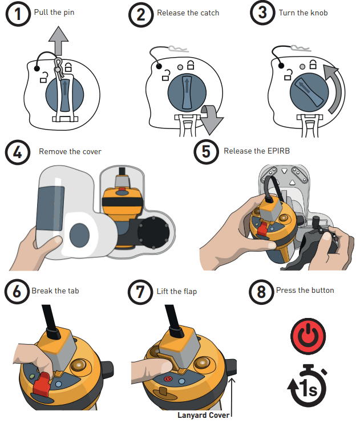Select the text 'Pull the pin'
[x=54, y=13]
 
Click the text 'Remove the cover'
[x=70, y=151]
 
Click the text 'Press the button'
[x=305, y=290]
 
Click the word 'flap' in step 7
[x=189, y=292]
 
